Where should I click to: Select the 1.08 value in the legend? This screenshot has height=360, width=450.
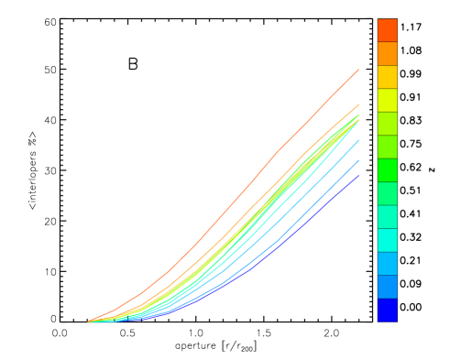(411, 49)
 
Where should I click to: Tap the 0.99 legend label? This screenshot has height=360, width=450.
(411, 72)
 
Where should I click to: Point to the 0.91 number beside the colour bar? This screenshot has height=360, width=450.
(411, 96)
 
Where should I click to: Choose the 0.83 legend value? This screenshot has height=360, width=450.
(411, 120)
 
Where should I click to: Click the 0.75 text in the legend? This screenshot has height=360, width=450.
(411, 143)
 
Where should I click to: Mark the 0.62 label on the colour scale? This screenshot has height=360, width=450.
(411, 167)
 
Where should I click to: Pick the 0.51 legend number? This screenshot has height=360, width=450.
(411, 190)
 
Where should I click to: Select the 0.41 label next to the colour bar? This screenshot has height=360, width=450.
(411, 213)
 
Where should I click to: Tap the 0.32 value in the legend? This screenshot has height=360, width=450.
(411, 236)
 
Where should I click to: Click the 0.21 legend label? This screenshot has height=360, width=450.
(411, 260)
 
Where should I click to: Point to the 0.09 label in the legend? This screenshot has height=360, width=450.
(411, 284)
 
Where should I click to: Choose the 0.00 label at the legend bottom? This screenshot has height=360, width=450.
(411, 307)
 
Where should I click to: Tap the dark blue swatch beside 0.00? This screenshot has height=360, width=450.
(388, 310)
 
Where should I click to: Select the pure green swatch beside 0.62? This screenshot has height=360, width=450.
(388, 169)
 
